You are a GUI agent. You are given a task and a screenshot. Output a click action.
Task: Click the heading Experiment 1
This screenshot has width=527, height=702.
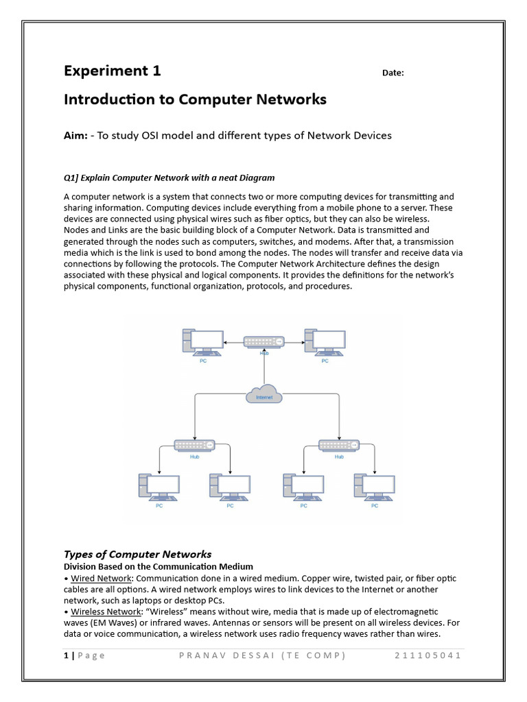113,71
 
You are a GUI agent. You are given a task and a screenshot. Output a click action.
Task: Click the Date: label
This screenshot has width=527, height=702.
393,74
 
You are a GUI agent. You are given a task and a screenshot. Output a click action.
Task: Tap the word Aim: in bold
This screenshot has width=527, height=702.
75,136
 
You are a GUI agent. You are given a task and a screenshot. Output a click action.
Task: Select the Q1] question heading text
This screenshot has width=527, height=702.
169,178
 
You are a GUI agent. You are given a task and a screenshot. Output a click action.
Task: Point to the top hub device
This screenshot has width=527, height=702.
264,341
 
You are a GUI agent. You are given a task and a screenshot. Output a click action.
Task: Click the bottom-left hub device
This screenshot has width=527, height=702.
194,444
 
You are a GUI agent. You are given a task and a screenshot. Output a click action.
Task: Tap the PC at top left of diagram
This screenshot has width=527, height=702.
203,341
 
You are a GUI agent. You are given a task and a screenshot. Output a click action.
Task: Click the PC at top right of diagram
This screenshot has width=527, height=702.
325,341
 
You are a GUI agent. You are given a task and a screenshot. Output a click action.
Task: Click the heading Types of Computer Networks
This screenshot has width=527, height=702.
137,554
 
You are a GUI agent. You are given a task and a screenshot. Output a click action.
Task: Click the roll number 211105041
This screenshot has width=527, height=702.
428,655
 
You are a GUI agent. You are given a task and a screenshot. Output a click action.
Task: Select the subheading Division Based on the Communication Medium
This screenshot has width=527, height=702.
159,567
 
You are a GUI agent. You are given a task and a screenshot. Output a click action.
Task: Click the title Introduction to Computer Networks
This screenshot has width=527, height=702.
195,100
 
